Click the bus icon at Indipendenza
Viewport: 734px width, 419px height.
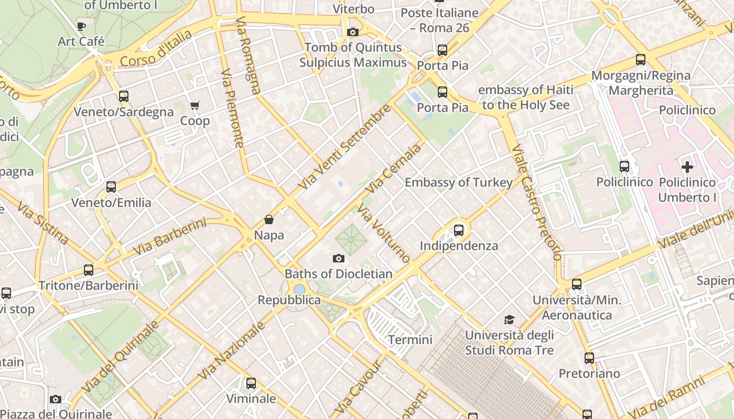459,230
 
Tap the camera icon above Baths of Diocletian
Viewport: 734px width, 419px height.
339,258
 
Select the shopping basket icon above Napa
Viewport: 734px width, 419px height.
269,219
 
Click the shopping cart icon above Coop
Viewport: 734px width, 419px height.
195,105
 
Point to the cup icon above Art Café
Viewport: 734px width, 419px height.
81,26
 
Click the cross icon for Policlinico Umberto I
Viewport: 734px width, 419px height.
687,167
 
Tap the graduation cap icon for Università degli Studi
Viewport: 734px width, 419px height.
509,319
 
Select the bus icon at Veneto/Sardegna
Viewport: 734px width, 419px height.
124,96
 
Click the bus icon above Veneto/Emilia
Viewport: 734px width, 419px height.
111,187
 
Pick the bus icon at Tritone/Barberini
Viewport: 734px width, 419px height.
89,270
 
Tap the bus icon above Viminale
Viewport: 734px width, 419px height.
251,383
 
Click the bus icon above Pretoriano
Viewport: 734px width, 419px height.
589,358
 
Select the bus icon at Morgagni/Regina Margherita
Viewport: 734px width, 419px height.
641,60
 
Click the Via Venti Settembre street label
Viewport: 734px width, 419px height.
344,147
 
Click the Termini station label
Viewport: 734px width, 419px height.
410,340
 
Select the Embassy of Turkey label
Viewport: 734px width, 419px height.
459,182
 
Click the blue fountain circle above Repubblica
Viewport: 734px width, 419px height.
299,289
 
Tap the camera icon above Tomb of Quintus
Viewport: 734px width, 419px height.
353,32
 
